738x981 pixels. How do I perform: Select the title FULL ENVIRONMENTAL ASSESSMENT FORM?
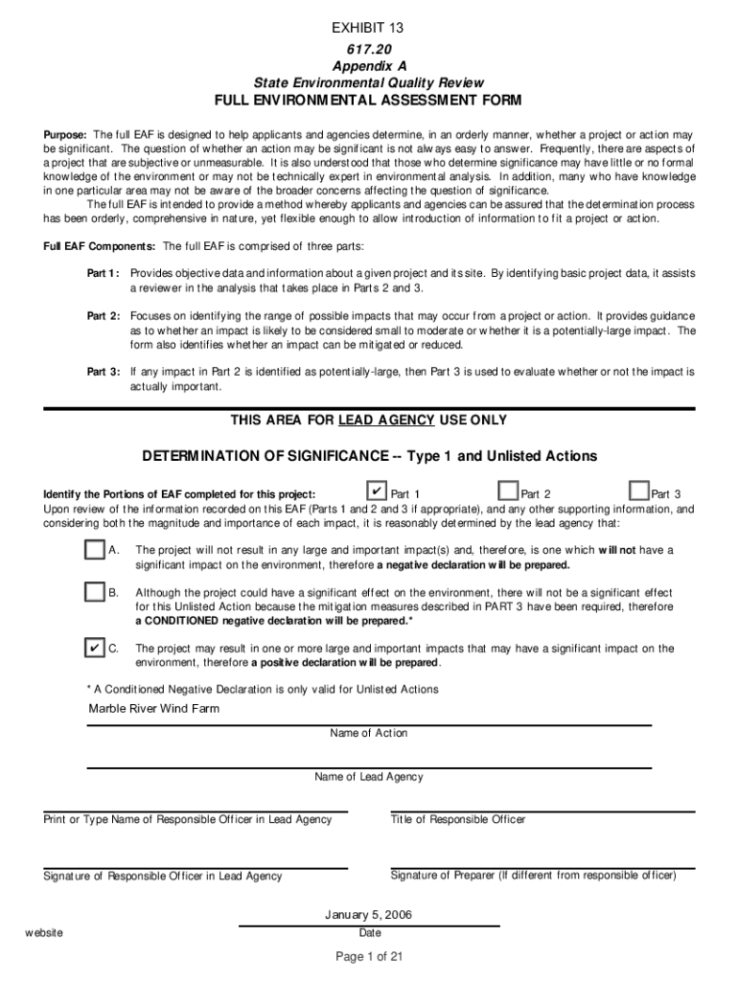pyautogui.click(x=369, y=101)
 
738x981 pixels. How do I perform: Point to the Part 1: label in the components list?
pyautogui.click(x=104, y=273)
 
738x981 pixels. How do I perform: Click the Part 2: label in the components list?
pyautogui.click(x=104, y=316)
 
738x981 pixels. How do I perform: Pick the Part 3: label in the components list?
pyautogui.click(x=104, y=372)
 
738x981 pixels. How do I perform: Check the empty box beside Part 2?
pyautogui.click(x=507, y=491)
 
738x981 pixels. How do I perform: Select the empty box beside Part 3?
pyautogui.click(x=637, y=491)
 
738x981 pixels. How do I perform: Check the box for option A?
pyautogui.click(x=94, y=550)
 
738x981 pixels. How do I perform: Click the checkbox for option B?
pyautogui.click(x=94, y=592)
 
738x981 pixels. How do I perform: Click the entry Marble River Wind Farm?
pyautogui.click(x=154, y=709)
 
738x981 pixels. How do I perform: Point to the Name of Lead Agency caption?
pyautogui.click(x=369, y=777)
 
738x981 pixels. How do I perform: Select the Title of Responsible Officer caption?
pyautogui.click(x=458, y=819)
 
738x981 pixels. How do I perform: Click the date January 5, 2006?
pyautogui.click(x=369, y=915)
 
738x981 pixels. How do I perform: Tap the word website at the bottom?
pyautogui.click(x=44, y=933)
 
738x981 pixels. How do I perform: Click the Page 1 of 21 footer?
pyautogui.click(x=369, y=956)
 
